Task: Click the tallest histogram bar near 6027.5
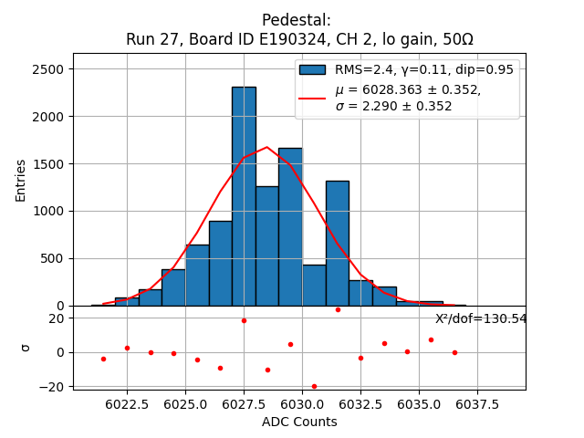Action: coord(244,196)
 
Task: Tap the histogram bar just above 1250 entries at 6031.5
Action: coord(337,243)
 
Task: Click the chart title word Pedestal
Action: coord(296,20)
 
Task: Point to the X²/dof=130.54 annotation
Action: coord(481,318)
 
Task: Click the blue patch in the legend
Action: coord(312,69)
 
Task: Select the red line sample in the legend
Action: coord(312,98)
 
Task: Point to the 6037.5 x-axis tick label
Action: coord(477,403)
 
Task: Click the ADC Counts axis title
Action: coord(299,422)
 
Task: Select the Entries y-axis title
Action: coord(21,180)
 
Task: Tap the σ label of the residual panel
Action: coord(26,347)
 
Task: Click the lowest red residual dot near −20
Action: coord(314,386)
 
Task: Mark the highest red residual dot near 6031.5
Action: coord(338,309)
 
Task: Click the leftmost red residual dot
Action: coord(103,359)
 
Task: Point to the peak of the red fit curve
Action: coord(267,147)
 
